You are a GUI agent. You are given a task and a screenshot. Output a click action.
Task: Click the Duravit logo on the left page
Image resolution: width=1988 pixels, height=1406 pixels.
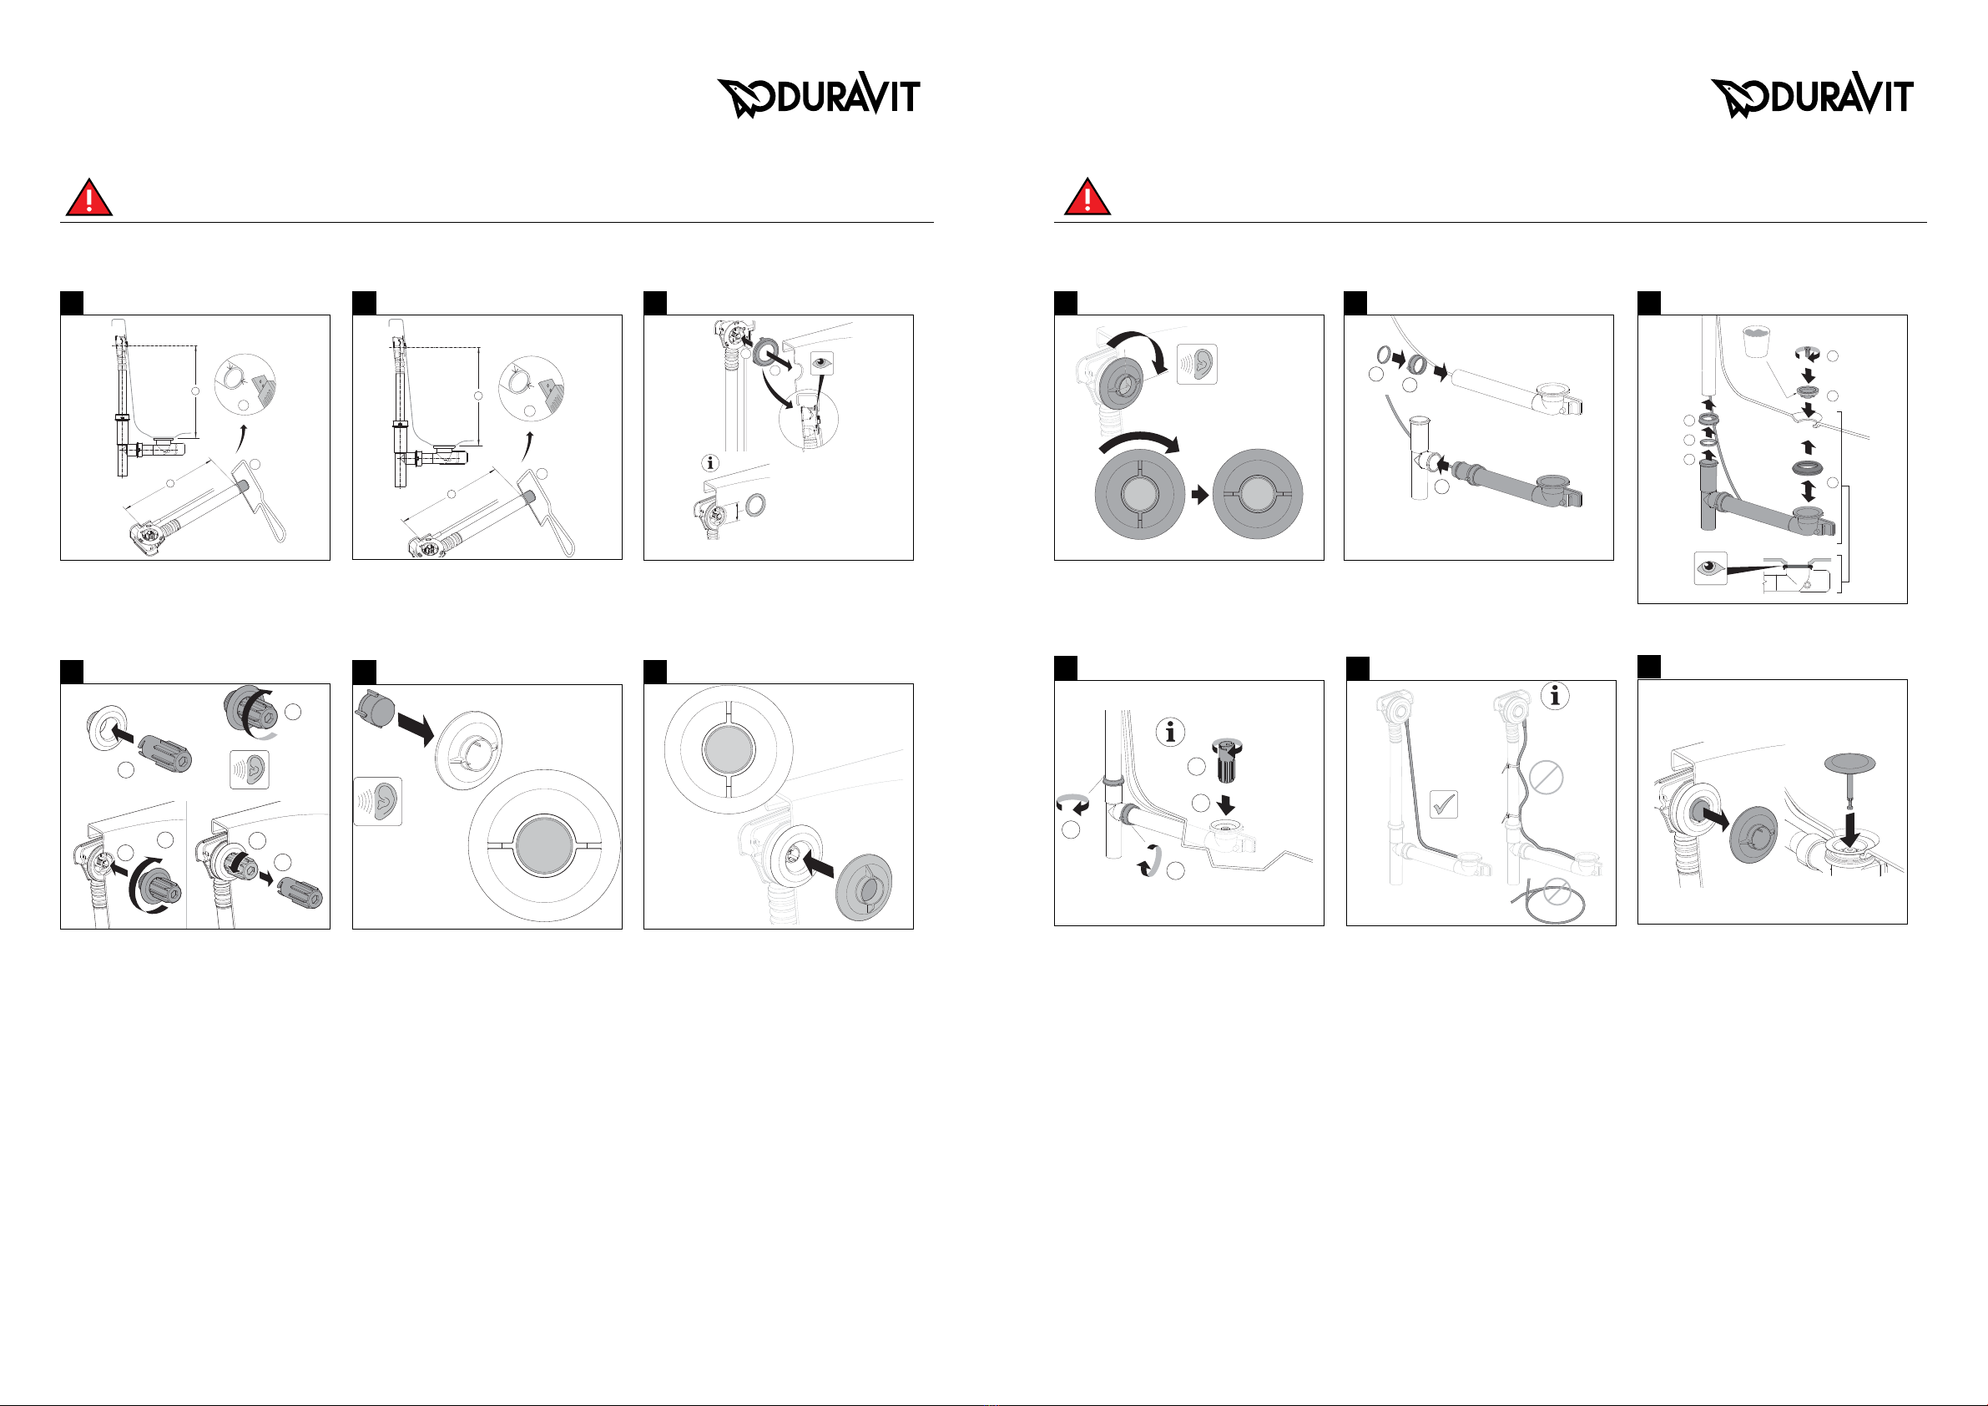coord(818,95)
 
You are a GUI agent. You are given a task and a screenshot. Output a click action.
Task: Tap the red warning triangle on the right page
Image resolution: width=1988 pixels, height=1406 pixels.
coord(1087,198)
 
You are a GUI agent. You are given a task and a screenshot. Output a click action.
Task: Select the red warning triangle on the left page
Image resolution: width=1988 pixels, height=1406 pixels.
coord(89,198)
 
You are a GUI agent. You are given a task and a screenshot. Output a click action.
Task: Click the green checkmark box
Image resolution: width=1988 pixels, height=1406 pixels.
coord(1443,804)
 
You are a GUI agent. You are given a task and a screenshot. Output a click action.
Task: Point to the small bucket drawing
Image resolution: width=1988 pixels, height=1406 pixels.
coord(1754,341)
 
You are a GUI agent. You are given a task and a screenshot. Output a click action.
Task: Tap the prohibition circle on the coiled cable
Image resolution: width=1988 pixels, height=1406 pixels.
coord(1557,891)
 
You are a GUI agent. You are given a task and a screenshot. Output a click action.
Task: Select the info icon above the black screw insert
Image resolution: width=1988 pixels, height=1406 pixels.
coord(1171,733)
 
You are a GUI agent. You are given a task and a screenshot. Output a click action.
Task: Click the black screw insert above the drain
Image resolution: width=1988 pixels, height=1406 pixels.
coord(1226,758)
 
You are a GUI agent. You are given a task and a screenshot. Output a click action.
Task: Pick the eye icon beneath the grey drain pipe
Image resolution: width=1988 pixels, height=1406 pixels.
coord(1710,568)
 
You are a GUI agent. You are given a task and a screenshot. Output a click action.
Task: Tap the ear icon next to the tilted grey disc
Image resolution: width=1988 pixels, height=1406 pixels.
coord(1198,365)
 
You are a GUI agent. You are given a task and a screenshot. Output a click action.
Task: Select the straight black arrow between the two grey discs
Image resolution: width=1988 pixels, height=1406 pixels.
coord(1200,495)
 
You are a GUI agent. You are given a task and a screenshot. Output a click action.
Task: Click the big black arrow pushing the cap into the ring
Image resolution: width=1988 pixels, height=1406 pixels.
coord(416,730)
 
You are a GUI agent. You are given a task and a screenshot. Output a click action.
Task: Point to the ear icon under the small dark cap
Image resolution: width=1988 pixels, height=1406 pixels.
coord(378,801)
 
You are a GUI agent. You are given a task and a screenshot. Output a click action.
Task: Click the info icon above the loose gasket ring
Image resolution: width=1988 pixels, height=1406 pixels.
coord(711,463)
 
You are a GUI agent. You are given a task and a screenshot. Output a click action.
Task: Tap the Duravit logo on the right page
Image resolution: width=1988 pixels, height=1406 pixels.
coord(1811,95)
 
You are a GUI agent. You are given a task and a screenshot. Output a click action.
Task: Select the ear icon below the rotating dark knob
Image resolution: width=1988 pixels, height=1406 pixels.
coord(250,769)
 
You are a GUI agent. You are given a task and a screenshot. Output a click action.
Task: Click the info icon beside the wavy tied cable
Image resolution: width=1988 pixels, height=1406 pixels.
coord(1555,695)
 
